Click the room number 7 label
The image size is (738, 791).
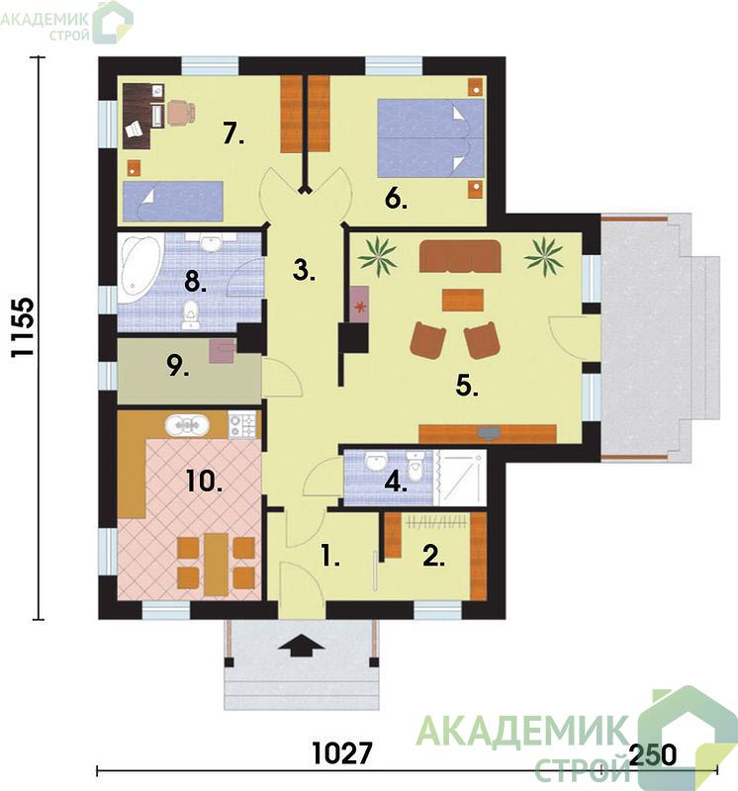[x=233, y=133]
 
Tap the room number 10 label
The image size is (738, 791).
[x=204, y=481]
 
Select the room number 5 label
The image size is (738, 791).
[x=467, y=387]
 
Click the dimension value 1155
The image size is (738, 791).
[x=23, y=327]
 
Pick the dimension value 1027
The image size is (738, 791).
[x=342, y=753]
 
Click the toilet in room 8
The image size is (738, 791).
[x=190, y=315]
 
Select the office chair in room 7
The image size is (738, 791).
[x=181, y=112]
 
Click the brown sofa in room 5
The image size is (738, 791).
[x=460, y=256]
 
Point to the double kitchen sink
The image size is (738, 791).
[x=187, y=425]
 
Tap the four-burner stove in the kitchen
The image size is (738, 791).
[x=242, y=425]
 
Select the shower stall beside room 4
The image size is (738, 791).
[x=460, y=478]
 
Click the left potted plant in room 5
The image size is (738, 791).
[x=377, y=256]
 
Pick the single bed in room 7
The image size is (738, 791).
[x=173, y=201]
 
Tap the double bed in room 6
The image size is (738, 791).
[x=430, y=137]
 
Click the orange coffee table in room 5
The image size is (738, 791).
[x=463, y=300]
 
